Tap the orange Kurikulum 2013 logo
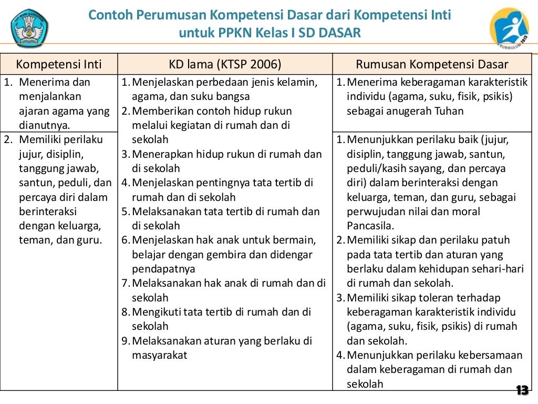point(509,28)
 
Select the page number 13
point(522,390)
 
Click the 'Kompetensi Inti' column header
point(59,65)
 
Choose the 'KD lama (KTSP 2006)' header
point(225,65)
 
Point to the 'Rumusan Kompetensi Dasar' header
point(432,65)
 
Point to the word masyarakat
point(160,355)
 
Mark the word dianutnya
point(44,125)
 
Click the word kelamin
point(297,82)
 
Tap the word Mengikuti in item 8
point(156,312)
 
